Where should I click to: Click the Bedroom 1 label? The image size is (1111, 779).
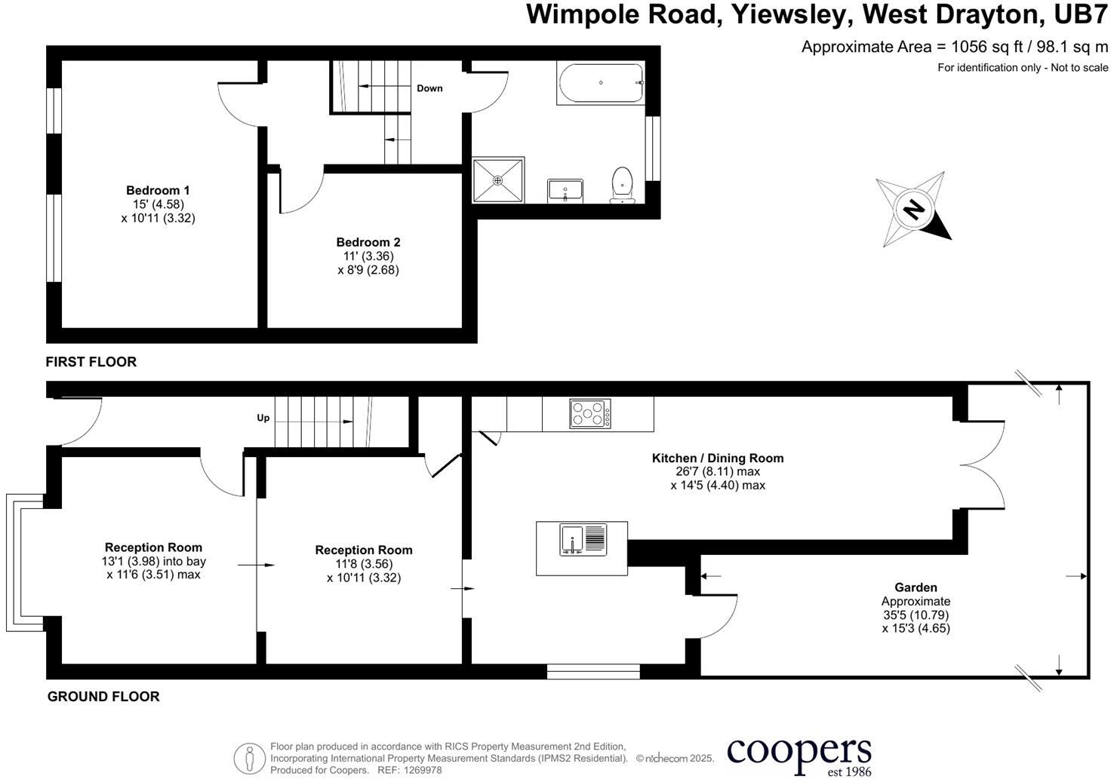tap(158, 190)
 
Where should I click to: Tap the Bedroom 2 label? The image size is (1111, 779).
tap(368, 242)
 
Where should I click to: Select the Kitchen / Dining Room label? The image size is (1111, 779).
tap(717, 458)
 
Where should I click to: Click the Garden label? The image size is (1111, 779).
tap(916, 587)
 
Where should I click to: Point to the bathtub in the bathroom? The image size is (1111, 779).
tap(601, 83)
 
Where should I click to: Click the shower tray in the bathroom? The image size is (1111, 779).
tap(497, 180)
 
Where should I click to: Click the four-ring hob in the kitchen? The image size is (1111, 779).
tap(590, 413)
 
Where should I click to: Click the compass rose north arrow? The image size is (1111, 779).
tap(914, 209)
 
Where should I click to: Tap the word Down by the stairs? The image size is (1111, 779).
tap(429, 88)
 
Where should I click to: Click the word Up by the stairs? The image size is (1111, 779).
tap(263, 418)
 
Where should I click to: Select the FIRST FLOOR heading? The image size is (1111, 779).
tap(91, 362)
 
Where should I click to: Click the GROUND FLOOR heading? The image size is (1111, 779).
tap(103, 696)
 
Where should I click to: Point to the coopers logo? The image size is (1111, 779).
tap(799, 754)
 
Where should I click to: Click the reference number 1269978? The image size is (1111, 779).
tap(423, 770)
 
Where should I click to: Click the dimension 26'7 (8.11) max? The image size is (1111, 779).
tap(717, 471)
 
